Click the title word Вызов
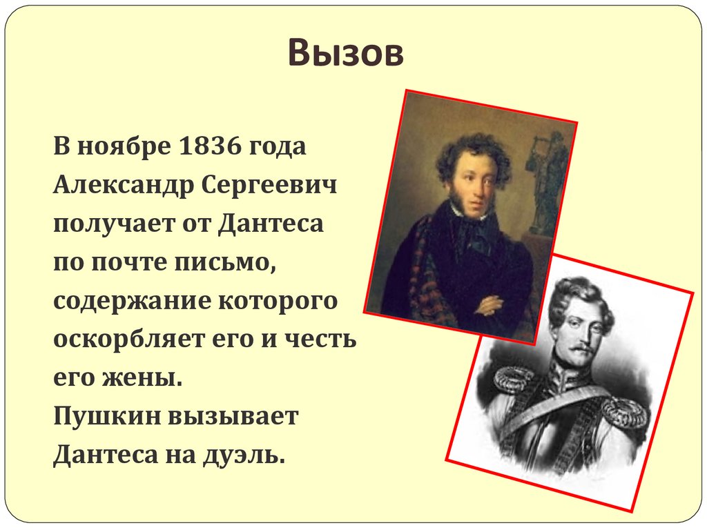pos(345,54)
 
